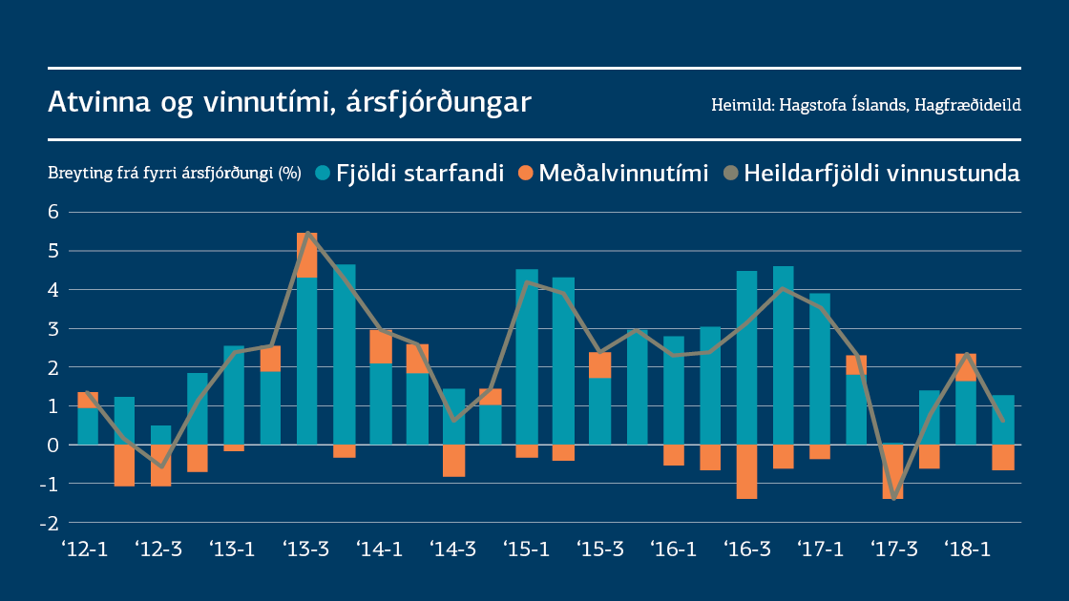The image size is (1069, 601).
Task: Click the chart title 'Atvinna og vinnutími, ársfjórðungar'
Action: (289, 102)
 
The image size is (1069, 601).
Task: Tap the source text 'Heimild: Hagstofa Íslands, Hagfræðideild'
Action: (866, 105)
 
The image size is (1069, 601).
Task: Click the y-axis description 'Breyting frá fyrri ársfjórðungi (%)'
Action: (175, 174)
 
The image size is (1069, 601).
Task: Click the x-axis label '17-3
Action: (892, 550)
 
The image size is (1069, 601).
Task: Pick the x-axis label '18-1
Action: (966, 550)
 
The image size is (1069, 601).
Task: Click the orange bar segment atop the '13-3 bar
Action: (307, 255)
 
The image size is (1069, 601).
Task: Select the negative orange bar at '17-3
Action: (893, 471)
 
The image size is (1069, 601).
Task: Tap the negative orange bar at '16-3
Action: (746, 471)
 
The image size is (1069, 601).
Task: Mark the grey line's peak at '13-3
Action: (307, 233)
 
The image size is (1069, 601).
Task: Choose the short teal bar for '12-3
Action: (161, 435)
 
